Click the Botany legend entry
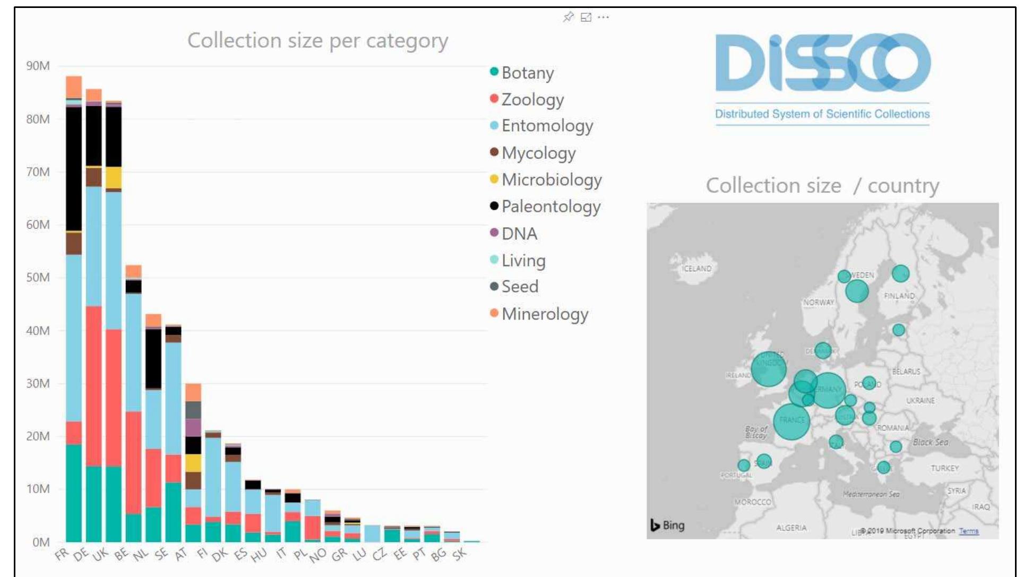[x=527, y=73]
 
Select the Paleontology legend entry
[x=550, y=206]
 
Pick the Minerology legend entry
[x=545, y=314]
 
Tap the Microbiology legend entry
[x=551, y=180]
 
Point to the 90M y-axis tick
[x=38, y=66]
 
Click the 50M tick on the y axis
[x=38, y=277]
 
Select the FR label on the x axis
[x=62, y=554]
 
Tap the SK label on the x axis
[x=459, y=554]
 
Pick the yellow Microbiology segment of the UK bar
[x=114, y=177]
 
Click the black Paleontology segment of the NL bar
[x=153, y=358]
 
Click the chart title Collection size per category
[x=317, y=40]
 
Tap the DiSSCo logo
[x=822, y=64]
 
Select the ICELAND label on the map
[x=696, y=269]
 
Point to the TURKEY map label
[x=944, y=468]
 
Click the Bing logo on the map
[x=668, y=525]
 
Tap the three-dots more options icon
[x=603, y=18]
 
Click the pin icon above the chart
[x=568, y=18]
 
